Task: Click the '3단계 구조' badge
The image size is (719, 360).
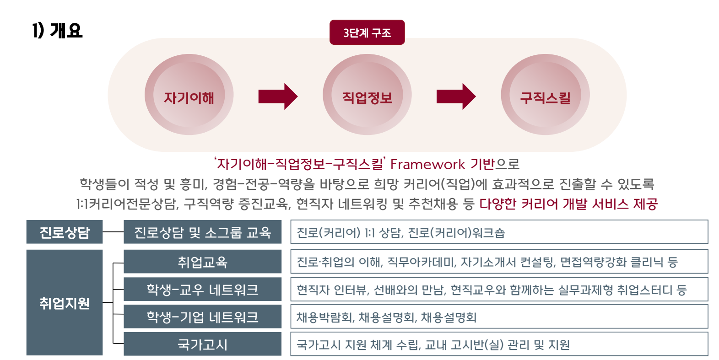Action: point(367,32)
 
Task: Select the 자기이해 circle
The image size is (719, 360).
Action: point(189,95)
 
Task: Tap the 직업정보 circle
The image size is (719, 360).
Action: point(367,95)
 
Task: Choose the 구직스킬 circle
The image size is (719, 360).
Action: point(545,95)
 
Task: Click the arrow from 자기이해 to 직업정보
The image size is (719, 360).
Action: point(278,97)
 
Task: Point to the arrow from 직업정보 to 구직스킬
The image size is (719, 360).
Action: point(456,97)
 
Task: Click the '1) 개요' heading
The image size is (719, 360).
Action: point(57,31)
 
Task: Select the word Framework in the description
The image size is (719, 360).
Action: point(427,165)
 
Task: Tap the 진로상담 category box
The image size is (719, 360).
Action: point(65,231)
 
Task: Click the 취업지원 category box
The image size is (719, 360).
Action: point(65,302)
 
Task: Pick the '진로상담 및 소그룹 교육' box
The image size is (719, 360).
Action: point(203,231)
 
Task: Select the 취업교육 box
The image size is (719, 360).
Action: point(203,262)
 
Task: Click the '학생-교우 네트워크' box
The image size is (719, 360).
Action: point(203,289)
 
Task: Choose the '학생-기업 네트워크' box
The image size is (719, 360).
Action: point(203,317)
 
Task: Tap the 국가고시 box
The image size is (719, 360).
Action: point(203,344)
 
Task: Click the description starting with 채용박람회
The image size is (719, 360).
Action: point(386,317)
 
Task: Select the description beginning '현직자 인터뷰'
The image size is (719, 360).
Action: point(492,290)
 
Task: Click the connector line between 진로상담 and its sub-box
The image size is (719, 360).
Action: point(114,231)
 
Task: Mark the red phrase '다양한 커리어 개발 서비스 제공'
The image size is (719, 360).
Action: point(568,204)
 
